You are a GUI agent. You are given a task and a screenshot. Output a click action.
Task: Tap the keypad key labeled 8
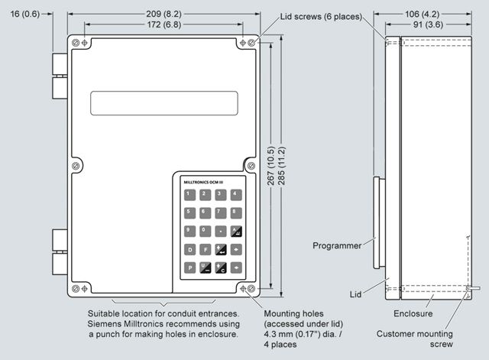(x=236, y=212)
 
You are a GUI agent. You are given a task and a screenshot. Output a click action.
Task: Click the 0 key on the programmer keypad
(x=204, y=230)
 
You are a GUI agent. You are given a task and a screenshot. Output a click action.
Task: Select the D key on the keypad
(x=189, y=248)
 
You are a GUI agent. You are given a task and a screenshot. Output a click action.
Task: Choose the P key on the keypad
(x=189, y=268)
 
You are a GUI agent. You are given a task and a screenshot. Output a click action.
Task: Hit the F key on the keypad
(x=205, y=248)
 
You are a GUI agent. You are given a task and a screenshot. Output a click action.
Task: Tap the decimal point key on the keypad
(x=220, y=230)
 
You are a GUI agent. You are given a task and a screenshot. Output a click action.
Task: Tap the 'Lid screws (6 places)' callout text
(x=309, y=17)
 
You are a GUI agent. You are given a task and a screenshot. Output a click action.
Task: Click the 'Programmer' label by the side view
(x=338, y=245)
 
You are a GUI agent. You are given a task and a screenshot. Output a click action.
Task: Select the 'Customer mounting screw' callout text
(x=425, y=339)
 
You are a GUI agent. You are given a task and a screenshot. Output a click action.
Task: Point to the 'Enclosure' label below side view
(x=414, y=313)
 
